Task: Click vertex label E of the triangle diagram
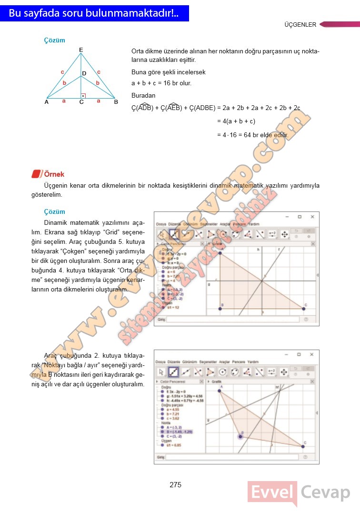coord(81,50)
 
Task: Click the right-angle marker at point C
coord(83,96)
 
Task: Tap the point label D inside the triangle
coord(84,73)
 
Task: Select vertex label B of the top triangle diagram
coord(115,101)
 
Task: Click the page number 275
coord(175,485)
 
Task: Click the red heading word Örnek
coord(54,174)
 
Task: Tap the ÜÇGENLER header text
coord(300,25)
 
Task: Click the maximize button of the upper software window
coord(299,217)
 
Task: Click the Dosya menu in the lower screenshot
coord(161,362)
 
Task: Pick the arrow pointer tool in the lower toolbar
coord(161,372)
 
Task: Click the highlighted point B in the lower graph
coord(241,436)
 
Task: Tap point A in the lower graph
coord(220,392)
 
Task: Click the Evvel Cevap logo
coord(299,493)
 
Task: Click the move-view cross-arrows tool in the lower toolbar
coord(284,372)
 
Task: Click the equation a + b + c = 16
coord(161,83)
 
